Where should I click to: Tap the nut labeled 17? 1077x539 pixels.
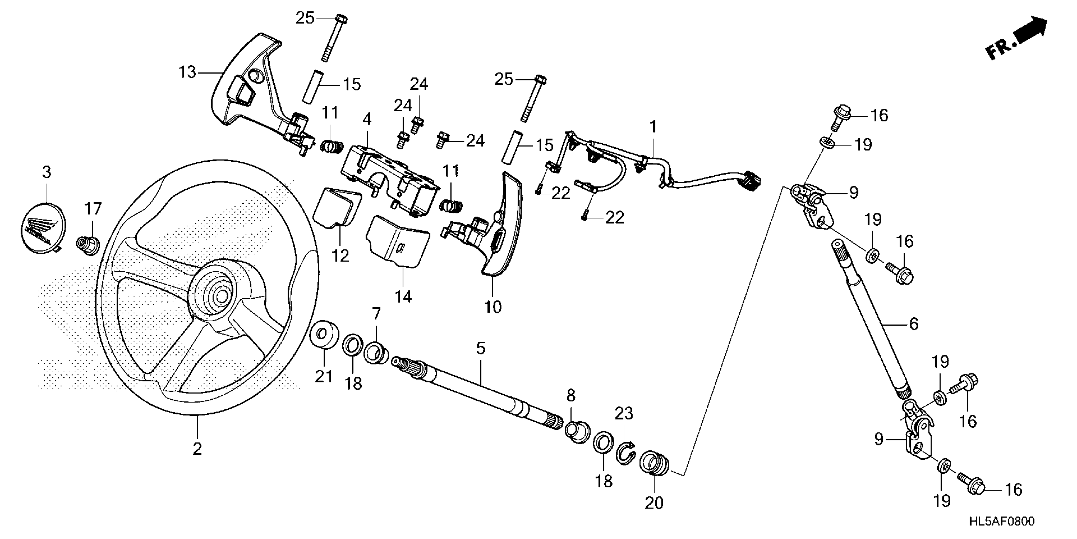[x=88, y=244]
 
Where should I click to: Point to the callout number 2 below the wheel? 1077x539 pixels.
[x=197, y=449]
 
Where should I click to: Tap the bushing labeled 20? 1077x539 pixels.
[x=655, y=464]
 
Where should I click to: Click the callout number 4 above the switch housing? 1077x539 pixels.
[x=367, y=119]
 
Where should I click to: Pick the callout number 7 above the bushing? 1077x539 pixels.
[x=376, y=314]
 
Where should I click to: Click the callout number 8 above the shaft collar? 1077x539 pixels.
[x=571, y=395]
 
